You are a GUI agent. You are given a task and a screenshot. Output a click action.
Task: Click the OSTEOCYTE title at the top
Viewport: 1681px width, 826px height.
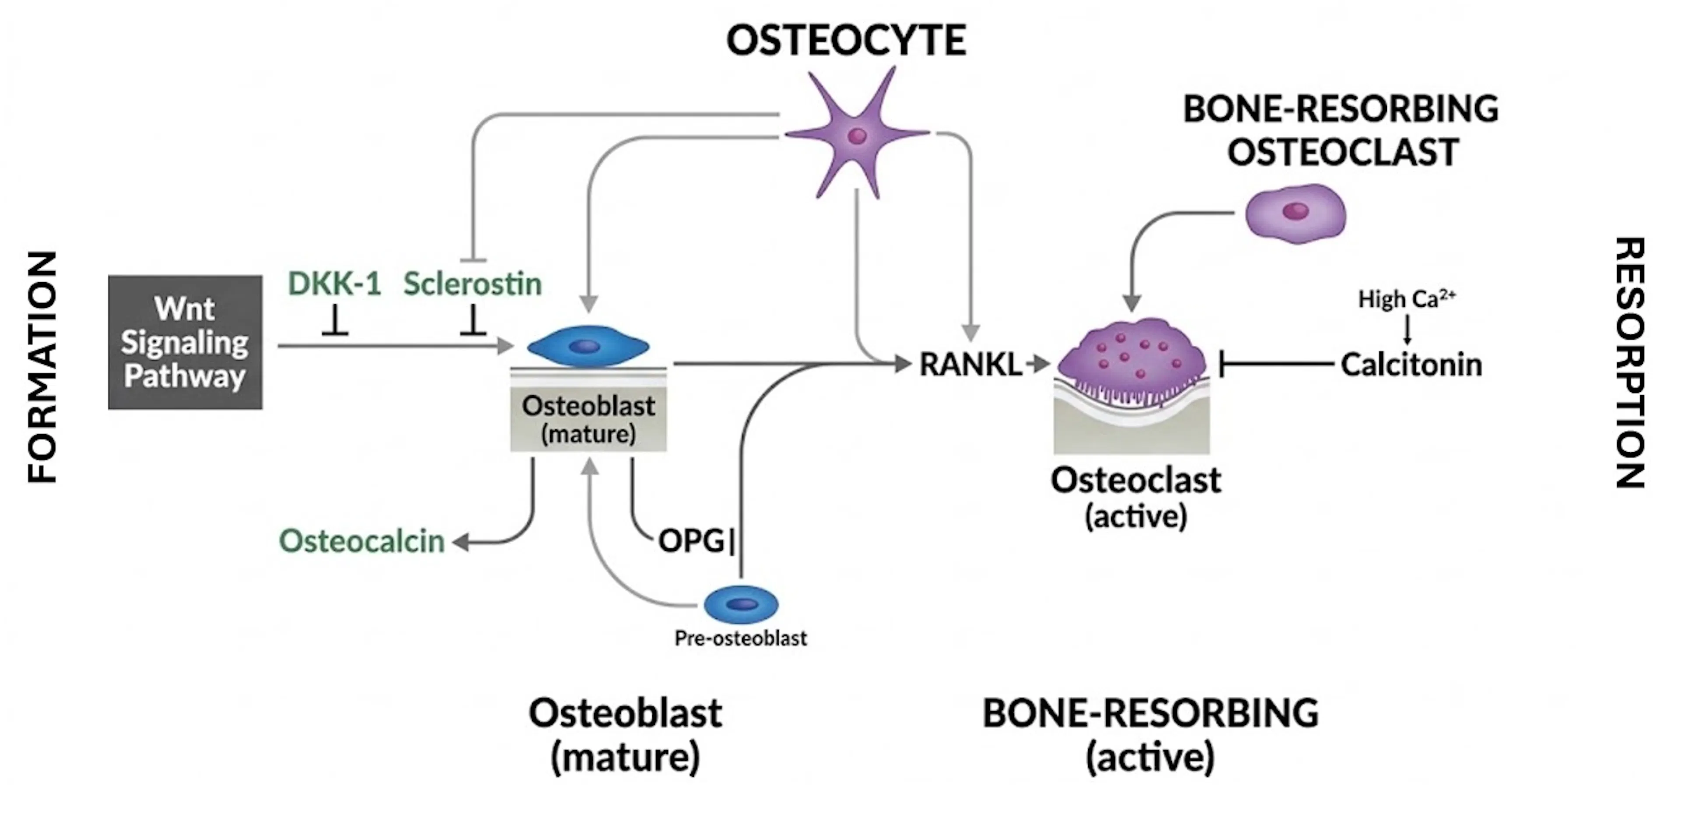846,40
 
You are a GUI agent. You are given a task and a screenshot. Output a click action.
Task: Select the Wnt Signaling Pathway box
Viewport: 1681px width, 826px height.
185,342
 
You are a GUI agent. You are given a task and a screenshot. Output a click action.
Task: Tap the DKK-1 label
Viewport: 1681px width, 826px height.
334,284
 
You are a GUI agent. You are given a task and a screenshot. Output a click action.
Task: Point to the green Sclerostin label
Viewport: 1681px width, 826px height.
472,284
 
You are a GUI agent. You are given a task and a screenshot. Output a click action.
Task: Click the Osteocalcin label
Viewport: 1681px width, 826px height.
362,541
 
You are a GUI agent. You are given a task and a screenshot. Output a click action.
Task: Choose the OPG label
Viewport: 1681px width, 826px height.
691,541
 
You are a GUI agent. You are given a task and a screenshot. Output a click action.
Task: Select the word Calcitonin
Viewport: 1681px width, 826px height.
1411,364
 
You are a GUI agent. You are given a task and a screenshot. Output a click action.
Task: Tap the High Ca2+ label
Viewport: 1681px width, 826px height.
1406,299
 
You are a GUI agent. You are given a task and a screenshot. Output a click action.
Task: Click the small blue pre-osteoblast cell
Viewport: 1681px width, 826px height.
741,604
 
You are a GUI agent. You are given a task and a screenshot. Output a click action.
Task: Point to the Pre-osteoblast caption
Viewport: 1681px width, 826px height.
741,638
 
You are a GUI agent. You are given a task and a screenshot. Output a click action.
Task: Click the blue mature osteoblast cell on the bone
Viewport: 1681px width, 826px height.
588,346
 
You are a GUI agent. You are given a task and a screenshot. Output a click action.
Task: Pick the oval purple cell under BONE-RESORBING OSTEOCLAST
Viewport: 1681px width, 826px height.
1295,212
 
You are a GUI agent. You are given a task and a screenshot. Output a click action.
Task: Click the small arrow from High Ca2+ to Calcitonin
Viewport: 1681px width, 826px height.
1407,330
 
